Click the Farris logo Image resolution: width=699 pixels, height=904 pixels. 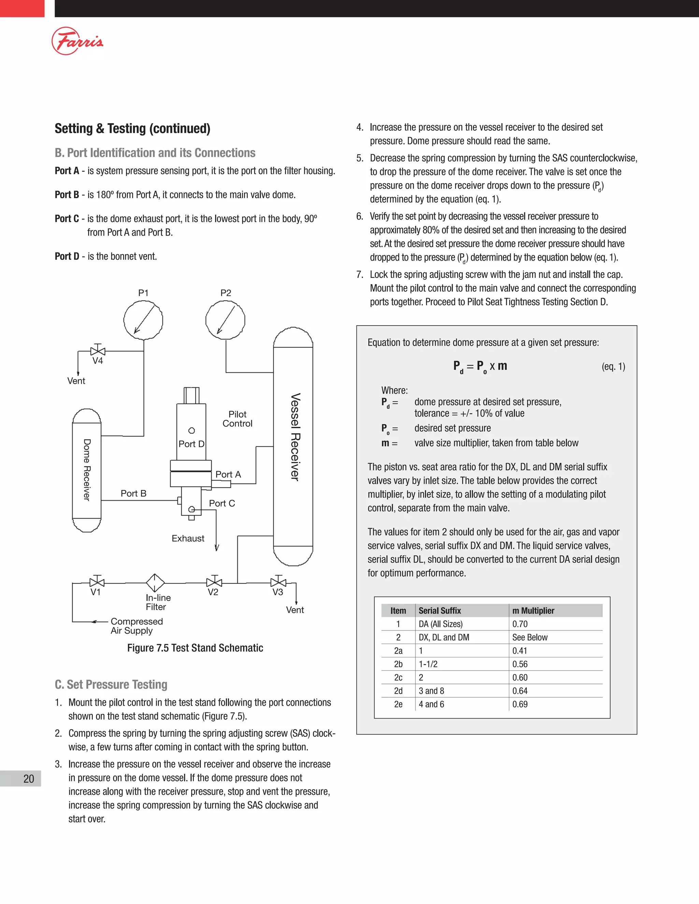tap(77, 41)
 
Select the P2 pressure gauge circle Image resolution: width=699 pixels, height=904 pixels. tap(225, 320)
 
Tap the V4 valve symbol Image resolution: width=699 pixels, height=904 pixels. tap(98, 351)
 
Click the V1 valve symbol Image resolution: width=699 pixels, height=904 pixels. tap(97, 582)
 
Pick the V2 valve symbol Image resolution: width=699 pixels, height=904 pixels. tap(214, 582)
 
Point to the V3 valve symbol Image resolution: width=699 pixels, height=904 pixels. tap(278, 582)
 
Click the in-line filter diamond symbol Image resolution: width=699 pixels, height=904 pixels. tap(155, 583)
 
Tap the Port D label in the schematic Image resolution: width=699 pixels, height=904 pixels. tap(191, 444)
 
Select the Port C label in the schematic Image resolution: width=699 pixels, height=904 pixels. tap(222, 503)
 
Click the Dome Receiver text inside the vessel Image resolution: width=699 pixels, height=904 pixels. tap(87, 470)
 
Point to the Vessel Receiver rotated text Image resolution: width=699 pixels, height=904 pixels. tap(295, 437)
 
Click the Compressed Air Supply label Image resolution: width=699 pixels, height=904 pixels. tap(137, 626)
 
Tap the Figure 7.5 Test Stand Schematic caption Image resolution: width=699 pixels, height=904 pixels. tap(195, 648)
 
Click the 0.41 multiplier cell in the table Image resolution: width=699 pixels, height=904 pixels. tap(520, 651)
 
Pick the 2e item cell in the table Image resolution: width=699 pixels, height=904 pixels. tap(398, 704)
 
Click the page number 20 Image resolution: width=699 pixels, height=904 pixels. tap(29, 778)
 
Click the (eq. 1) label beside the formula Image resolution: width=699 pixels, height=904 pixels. tap(613, 366)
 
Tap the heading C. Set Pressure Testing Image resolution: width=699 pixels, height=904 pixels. tap(111, 684)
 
